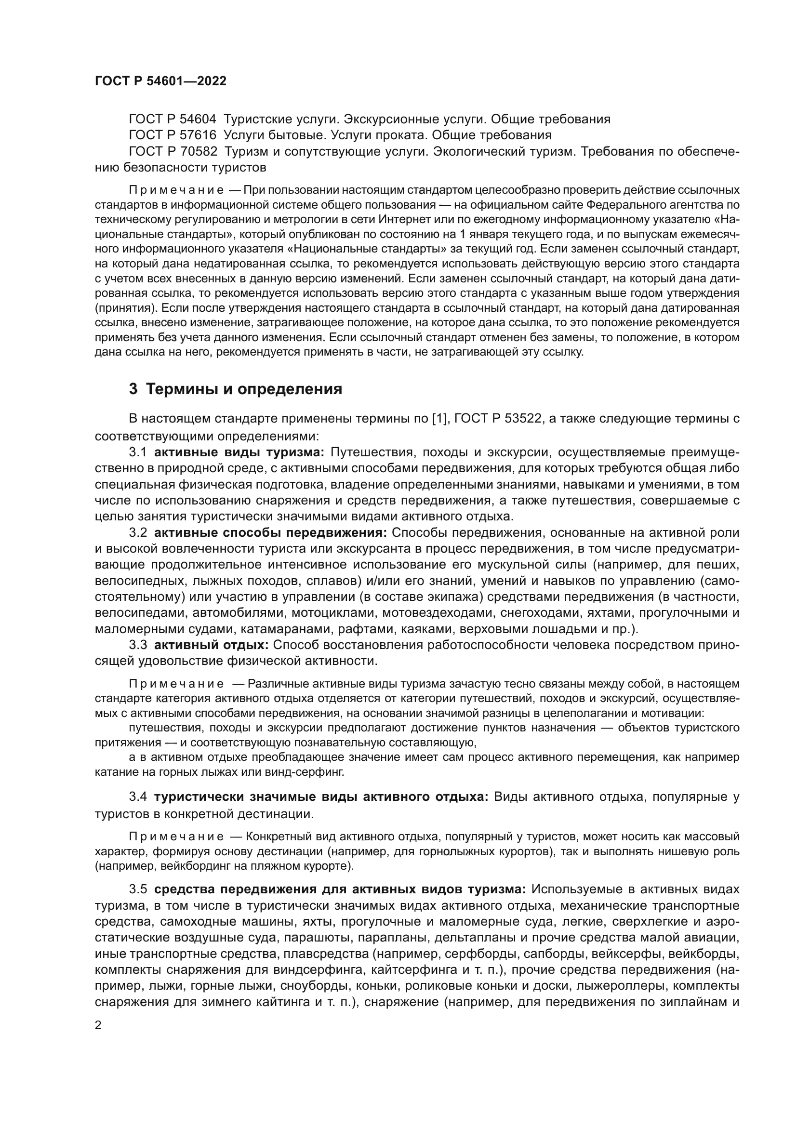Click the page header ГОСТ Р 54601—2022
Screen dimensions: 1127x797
point(160,81)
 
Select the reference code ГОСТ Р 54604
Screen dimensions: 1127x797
point(172,119)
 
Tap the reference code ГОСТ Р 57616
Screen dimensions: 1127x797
point(172,135)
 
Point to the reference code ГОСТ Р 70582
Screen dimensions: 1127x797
point(172,151)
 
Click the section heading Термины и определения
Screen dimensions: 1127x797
point(244,390)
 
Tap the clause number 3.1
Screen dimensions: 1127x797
point(138,452)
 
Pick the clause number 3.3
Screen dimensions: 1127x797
point(138,645)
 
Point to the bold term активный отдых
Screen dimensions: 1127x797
point(211,645)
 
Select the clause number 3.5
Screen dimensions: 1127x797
point(138,889)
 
